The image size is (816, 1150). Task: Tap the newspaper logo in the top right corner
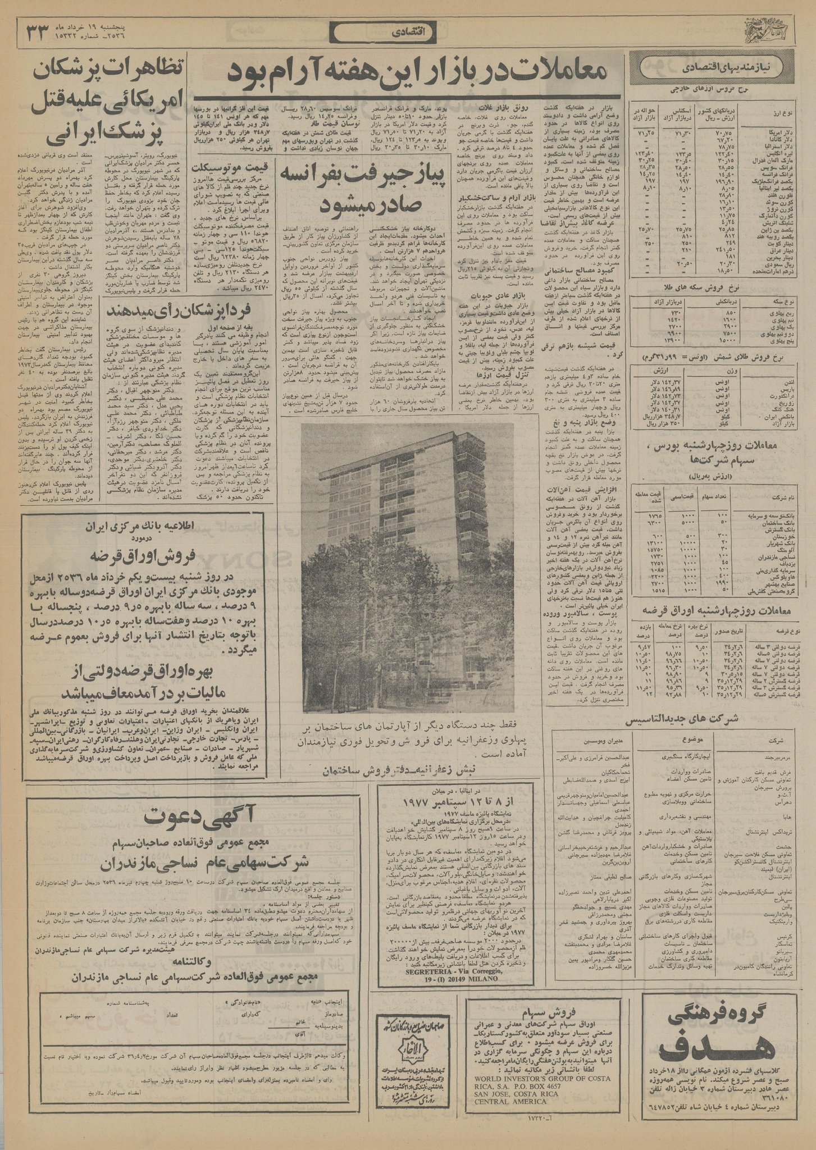pos(768,35)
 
